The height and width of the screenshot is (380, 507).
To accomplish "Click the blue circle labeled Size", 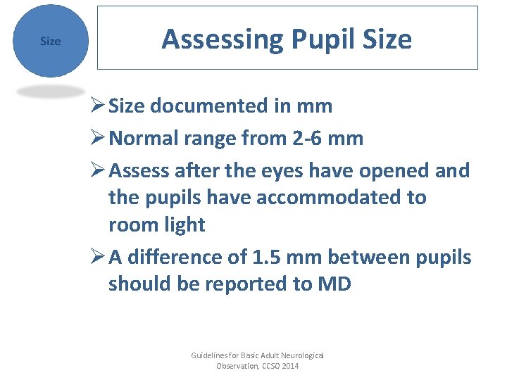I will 50,41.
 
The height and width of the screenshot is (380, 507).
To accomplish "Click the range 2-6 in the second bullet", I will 308,138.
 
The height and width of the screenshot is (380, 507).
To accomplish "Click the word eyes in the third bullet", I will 274,171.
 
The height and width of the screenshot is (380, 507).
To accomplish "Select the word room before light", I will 134,225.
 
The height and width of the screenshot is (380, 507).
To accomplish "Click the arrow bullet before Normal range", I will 98,138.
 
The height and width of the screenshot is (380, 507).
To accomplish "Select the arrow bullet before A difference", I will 98,258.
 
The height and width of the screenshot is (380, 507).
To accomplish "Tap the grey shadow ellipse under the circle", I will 50,91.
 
